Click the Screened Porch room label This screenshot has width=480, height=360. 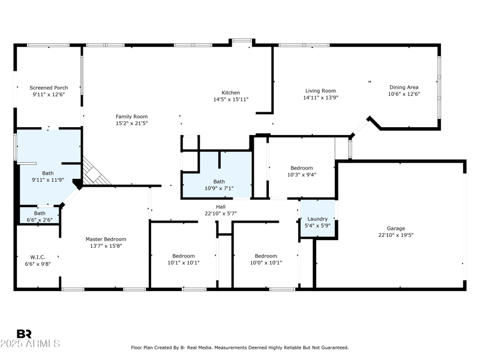49,88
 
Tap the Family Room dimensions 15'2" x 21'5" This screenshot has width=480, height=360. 131,123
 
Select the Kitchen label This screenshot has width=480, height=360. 230,92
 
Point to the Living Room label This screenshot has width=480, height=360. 320,91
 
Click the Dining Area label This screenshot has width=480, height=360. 404,87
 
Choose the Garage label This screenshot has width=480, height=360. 395,229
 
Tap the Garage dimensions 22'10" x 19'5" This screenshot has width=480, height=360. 395,235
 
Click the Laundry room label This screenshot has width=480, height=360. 317,219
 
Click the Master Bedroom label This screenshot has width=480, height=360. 106,239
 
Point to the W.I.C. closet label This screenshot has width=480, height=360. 38,257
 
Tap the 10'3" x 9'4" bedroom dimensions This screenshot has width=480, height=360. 302,175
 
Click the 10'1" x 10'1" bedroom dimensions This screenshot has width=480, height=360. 183,262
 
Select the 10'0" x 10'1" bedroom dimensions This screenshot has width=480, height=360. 266,262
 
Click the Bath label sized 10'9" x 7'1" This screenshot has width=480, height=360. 219,181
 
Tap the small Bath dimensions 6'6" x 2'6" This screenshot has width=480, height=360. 40,220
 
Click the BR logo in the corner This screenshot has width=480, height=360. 24,334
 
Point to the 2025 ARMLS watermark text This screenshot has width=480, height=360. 30,344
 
